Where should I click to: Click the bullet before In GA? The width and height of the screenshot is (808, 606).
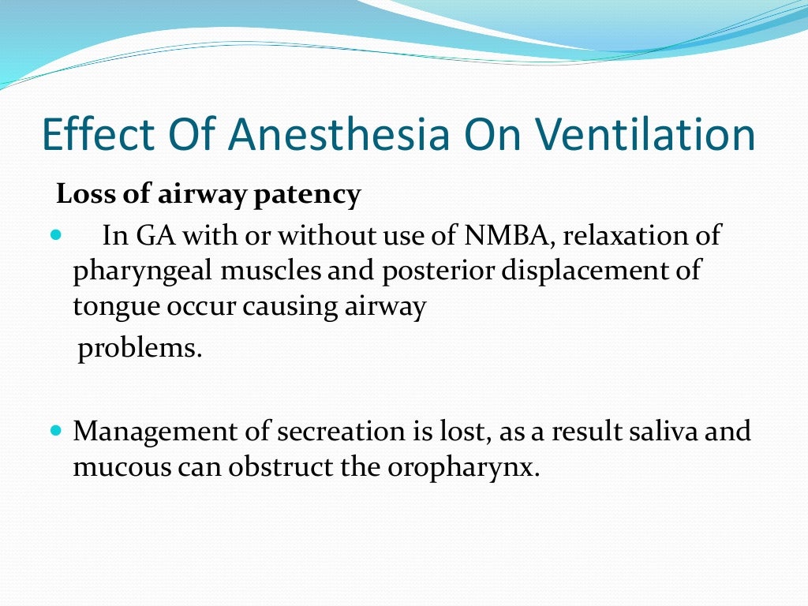coord(54,236)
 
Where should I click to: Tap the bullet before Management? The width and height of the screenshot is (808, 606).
coord(54,432)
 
